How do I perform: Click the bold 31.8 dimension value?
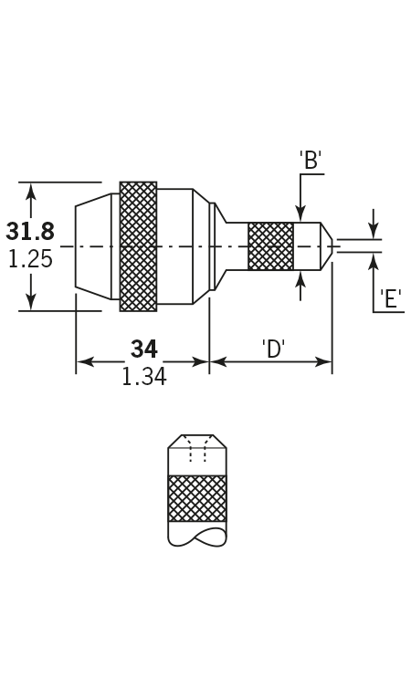30,232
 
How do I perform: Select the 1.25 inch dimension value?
30,259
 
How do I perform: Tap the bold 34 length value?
143,349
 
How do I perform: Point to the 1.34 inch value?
143,377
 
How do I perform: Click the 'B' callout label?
311,160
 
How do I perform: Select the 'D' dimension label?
274,349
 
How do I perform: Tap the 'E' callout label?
391,298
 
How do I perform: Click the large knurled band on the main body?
138,246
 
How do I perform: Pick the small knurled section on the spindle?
271,246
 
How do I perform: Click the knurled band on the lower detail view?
197,498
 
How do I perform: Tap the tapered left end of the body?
93,246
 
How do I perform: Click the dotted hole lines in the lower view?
197,449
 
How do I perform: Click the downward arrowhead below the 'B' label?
300,214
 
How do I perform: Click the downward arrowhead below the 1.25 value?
30,302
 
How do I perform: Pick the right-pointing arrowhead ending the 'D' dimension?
323,361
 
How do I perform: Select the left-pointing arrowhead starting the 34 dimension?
85,361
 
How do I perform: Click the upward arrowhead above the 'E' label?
374,261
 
